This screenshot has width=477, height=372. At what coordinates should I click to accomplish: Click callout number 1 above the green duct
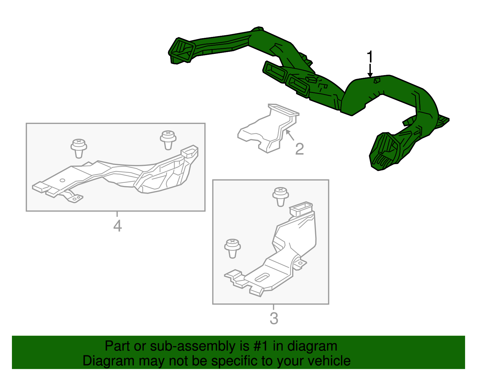pyautogui.click(x=370, y=57)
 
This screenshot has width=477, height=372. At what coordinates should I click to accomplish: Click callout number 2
pyautogui.click(x=300, y=149)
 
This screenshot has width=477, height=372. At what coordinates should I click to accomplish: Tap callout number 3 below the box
pyautogui.click(x=274, y=318)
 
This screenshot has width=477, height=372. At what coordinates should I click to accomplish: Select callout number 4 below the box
pyautogui.click(x=117, y=226)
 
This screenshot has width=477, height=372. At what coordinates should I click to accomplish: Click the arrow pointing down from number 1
pyautogui.click(x=370, y=71)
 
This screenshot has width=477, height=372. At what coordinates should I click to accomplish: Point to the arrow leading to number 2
pyautogui.click(x=290, y=135)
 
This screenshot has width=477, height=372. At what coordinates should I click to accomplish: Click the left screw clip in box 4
pyautogui.click(x=79, y=148)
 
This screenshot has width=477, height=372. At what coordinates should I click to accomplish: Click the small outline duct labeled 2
pyautogui.click(x=268, y=128)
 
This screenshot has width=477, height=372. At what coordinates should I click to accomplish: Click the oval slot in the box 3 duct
pyautogui.click(x=262, y=277)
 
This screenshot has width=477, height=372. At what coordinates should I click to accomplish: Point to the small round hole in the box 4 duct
pyautogui.click(x=62, y=180)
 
